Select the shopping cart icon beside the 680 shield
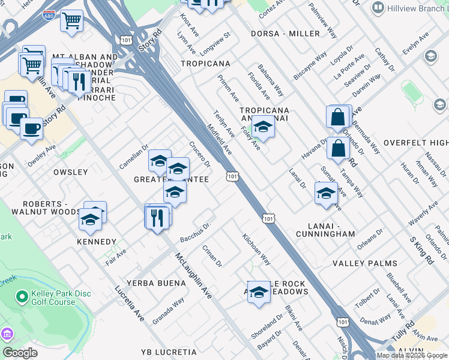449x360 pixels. pos(72,22)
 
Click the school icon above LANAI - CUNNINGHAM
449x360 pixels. pos(326,194)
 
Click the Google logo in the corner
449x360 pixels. pos(20,353)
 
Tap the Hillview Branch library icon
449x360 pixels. pos(378,7)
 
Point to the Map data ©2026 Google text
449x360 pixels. pos(411,355)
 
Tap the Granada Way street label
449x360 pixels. pos(168,311)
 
